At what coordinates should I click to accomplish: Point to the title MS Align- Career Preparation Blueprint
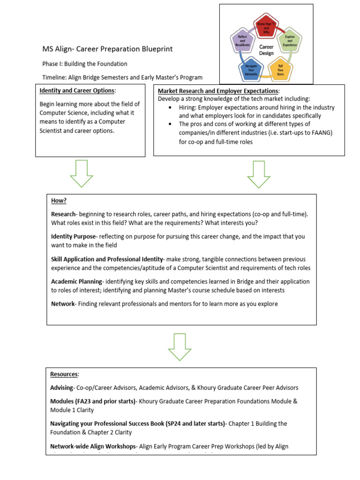click(x=107, y=49)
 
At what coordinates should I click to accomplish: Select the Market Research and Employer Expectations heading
click(x=218, y=91)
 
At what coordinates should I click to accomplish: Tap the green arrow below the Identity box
click(x=82, y=174)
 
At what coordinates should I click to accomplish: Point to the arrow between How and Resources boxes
click(x=180, y=347)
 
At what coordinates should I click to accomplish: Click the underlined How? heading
click(x=59, y=201)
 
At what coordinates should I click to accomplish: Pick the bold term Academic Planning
click(x=76, y=282)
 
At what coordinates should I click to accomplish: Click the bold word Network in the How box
click(x=63, y=304)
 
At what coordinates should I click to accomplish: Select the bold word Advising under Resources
click(x=62, y=388)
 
